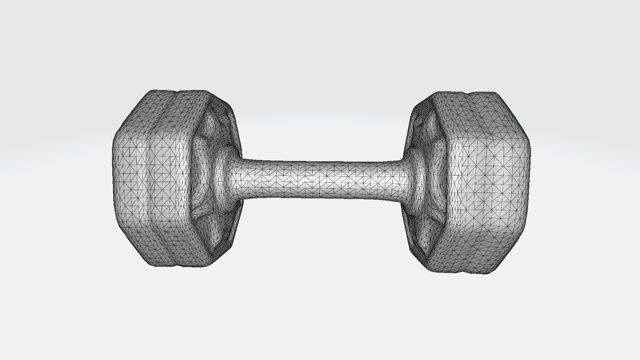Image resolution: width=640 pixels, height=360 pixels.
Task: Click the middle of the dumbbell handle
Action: pos(322,180)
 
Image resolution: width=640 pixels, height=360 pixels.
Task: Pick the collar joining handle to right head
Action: pos(418,180)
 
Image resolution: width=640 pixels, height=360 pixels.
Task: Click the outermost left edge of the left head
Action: pos(113,177)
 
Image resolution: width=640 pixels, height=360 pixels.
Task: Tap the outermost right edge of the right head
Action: pos(530,180)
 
